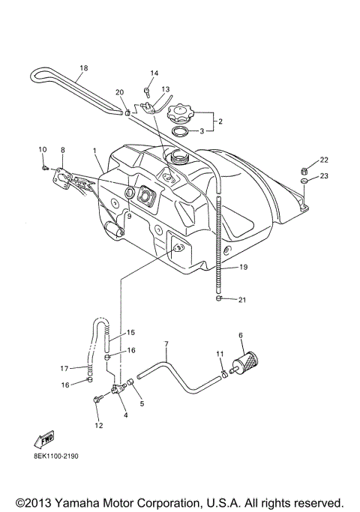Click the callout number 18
pyautogui.click(x=83, y=68)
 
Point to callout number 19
pyautogui.click(x=244, y=266)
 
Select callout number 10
pyautogui.click(x=42, y=150)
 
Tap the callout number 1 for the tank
pyautogui.click(x=95, y=150)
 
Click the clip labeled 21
pyautogui.click(x=217, y=299)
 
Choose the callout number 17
pyautogui.click(x=64, y=368)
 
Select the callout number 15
pyautogui.click(x=130, y=332)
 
